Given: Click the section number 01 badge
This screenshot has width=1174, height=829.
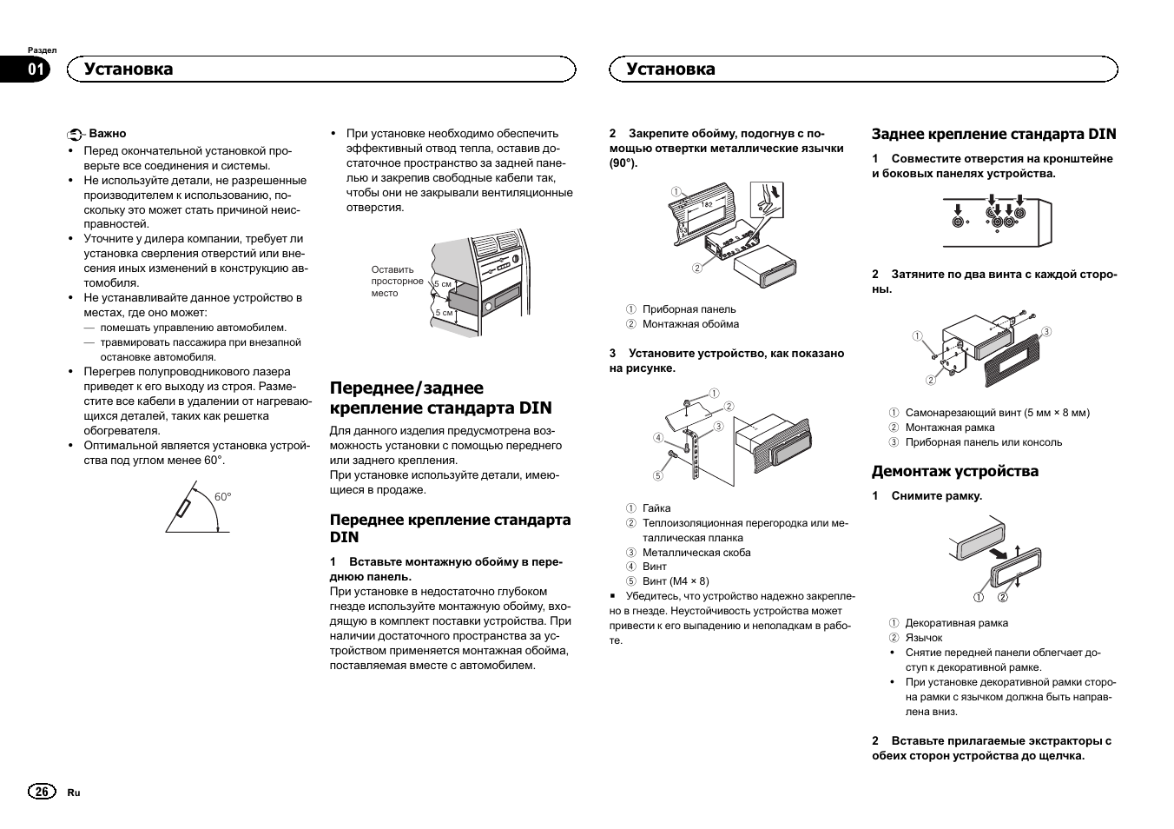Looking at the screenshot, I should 36,70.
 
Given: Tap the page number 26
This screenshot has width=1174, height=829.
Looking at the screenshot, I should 41,792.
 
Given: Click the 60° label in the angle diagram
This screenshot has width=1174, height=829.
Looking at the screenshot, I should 223,497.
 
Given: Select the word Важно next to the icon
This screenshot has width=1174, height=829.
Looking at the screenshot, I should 108,134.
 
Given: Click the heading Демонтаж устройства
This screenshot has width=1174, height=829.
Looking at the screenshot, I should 954,472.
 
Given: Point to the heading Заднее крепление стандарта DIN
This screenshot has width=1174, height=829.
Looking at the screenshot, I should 993,134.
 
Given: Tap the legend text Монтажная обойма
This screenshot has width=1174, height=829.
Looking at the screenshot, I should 690,324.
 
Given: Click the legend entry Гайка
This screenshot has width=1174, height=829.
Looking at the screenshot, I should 656,508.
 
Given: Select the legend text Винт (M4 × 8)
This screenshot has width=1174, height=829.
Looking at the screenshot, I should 676,581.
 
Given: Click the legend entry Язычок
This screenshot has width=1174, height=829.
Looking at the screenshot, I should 923,638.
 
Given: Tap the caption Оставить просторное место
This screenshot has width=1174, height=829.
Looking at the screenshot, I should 397,282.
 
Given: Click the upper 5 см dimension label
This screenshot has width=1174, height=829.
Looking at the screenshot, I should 443,284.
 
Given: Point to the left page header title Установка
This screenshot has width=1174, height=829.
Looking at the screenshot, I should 129,70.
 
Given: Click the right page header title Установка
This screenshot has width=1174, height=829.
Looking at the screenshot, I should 670,70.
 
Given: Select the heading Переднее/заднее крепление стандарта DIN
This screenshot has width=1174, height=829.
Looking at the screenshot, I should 440,398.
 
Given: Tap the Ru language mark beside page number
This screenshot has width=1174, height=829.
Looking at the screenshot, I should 74,793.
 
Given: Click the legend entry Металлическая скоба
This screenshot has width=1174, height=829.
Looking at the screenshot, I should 696,553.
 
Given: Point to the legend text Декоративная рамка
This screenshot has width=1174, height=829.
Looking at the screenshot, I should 956,623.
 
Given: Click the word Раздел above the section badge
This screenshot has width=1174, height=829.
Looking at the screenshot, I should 43,50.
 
